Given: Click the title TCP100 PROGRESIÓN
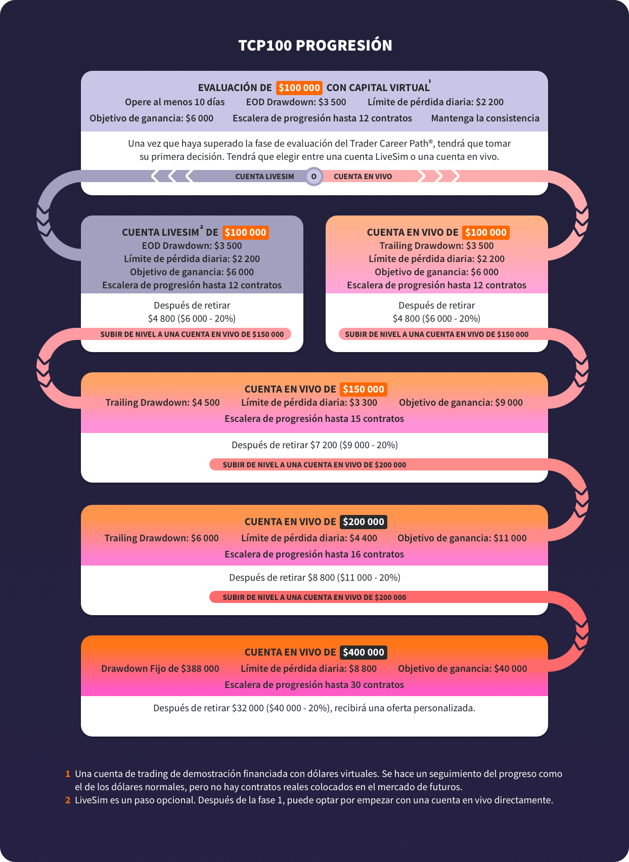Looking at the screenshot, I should [x=315, y=46].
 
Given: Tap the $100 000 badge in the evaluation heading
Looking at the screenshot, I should [x=299, y=88].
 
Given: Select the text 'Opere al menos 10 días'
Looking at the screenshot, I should [x=175, y=102].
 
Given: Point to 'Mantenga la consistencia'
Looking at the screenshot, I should [x=485, y=118].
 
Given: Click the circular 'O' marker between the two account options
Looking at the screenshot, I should [x=314, y=177].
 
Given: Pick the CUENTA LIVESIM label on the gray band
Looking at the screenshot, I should [x=264, y=177].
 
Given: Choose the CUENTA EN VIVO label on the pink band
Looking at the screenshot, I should [x=363, y=177].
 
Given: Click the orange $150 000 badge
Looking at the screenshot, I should [x=364, y=389].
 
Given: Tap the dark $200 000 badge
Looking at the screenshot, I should [x=364, y=522].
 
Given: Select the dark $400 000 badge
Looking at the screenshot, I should [x=364, y=652].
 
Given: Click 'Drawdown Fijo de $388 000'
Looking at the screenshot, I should [x=160, y=669].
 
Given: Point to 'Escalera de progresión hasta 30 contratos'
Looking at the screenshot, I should [x=314, y=685].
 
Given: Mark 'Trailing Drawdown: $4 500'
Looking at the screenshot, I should [x=163, y=403].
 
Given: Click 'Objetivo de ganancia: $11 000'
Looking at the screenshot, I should [x=462, y=538].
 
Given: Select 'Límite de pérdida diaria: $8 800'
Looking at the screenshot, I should [x=308, y=669].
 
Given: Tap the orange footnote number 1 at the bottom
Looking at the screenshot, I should [x=68, y=774].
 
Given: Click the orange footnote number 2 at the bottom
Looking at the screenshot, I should [x=68, y=800].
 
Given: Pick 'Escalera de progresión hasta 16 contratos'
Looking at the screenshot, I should [x=314, y=554].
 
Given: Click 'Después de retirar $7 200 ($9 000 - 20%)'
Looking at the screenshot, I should [x=314, y=445].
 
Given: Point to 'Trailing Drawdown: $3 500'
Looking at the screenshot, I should [x=436, y=246].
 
